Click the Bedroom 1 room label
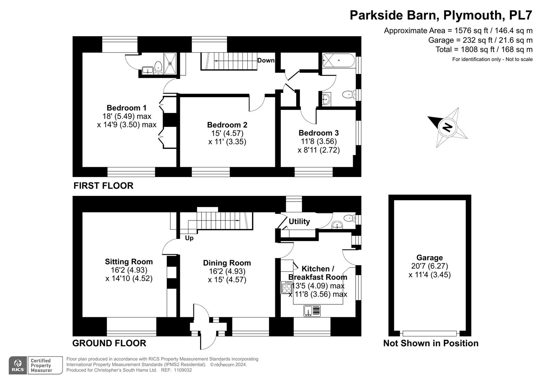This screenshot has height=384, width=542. pyautogui.click(x=127, y=108)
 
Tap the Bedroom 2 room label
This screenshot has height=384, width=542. pyautogui.click(x=227, y=124)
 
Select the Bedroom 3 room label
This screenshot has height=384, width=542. pyautogui.click(x=319, y=133)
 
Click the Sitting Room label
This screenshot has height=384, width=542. pyautogui.click(x=129, y=262)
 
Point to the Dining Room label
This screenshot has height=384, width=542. pyautogui.click(x=227, y=263)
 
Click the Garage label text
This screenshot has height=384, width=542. pyautogui.click(x=429, y=257)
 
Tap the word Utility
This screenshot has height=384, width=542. pyautogui.click(x=299, y=221)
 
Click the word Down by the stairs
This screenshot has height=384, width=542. pyautogui.click(x=266, y=60)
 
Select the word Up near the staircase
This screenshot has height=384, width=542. pyautogui.click(x=189, y=238)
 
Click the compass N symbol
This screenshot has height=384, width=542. pyautogui.click(x=447, y=127)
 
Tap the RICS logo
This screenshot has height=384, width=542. pyautogui.click(x=18, y=366)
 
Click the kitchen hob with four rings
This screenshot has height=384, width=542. pyautogui.click(x=287, y=288)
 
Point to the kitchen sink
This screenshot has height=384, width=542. pyautogui.click(x=312, y=311)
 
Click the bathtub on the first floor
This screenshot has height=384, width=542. pyautogui.click(x=338, y=60)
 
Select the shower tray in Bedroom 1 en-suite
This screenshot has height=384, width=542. pyautogui.click(x=170, y=63)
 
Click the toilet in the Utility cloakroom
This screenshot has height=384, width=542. pyautogui.click(x=349, y=218)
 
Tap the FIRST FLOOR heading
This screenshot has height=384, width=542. pyautogui.click(x=104, y=186)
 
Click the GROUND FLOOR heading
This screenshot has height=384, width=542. pyautogui.click(x=109, y=343)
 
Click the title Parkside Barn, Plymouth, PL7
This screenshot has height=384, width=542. pyautogui.click(x=441, y=15)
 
